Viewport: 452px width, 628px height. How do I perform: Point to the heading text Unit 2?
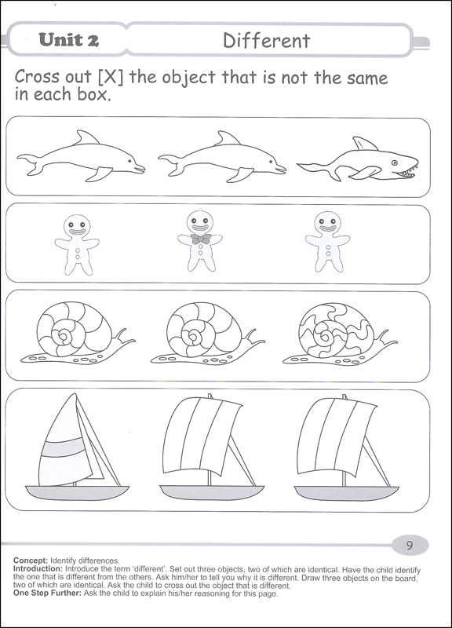(67, 39)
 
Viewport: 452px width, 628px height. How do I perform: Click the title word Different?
(267, 39)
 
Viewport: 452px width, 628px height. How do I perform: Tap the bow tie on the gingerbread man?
(201, 239)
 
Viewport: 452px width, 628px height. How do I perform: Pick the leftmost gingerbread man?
(78, 242)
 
